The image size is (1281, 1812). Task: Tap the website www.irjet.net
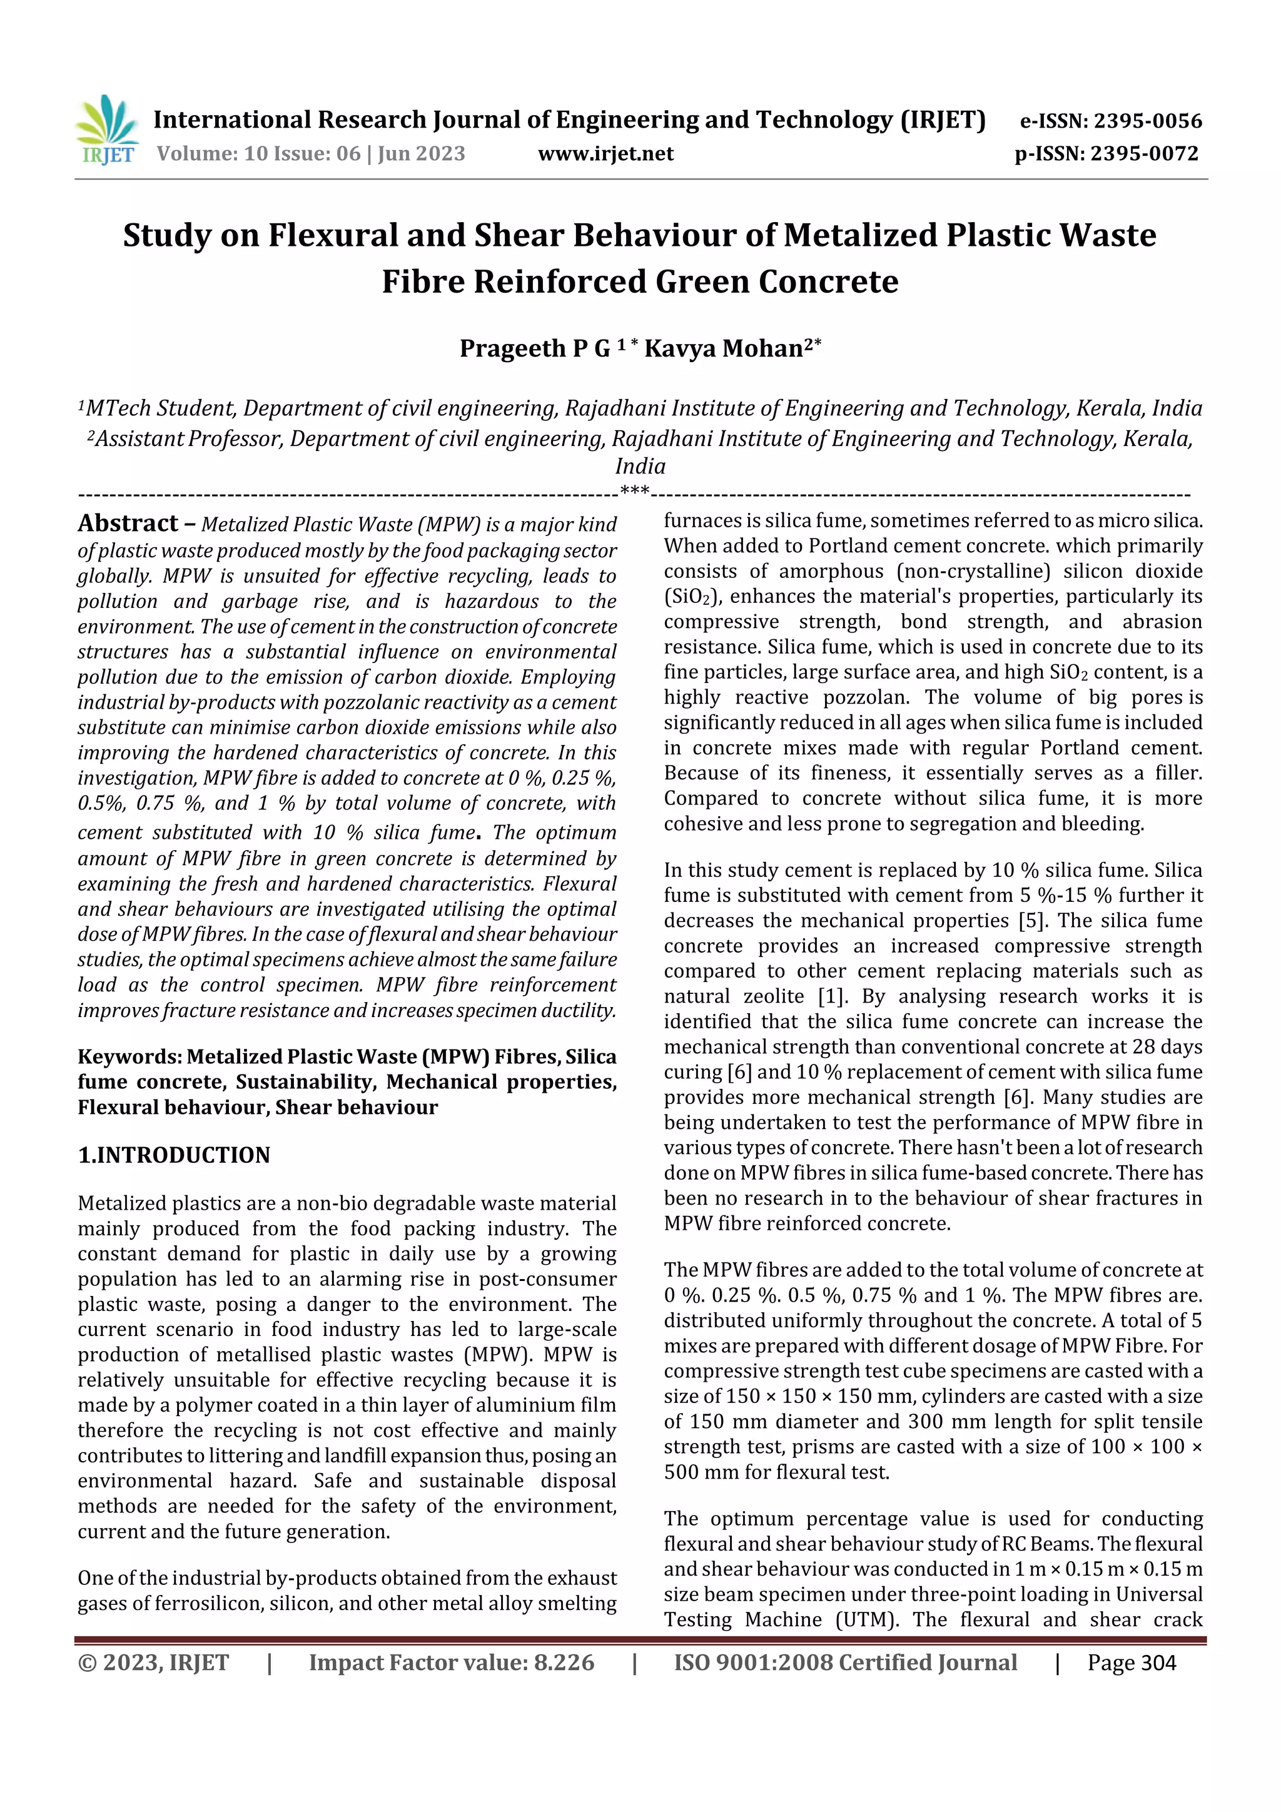(x=605, y=153)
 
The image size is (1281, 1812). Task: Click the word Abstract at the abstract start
(x=128, y=524)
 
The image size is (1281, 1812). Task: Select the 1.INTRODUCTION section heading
(x=174, y=1155)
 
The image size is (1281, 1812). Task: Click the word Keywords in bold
(x=128, y=1056)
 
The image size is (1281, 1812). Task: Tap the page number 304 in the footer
(x=1158, y=1663)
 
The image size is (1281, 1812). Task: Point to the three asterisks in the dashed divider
(x=635, y=492)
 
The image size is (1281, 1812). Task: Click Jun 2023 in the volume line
(x=422, y=153)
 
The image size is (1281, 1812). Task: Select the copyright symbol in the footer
(x=88, y=1663)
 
